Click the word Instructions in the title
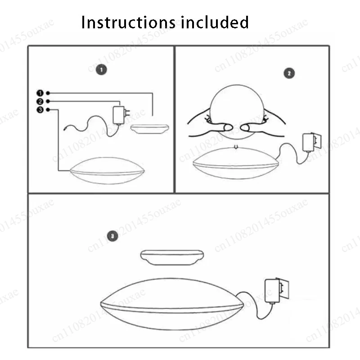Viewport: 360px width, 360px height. (129, 22)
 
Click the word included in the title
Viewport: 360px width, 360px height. (215, 22)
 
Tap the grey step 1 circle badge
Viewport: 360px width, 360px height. (101, 70)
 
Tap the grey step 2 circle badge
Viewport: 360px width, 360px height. (289, 73)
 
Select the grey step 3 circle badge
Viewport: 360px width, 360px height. (112, 236)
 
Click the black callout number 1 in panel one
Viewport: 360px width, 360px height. (40, 93)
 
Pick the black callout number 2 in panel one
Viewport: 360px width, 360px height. (40, 102)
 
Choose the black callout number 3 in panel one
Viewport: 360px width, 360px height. (40, 110)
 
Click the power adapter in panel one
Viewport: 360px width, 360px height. (121, 115)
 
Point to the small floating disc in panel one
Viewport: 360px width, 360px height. (150, 129)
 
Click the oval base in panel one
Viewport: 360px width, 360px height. (107, 171)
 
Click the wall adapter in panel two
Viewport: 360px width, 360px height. (312, 142)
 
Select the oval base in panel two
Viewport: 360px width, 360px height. (236, 163)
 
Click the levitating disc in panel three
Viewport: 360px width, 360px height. (172, 257)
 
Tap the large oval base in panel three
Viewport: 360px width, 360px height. (172, 304)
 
